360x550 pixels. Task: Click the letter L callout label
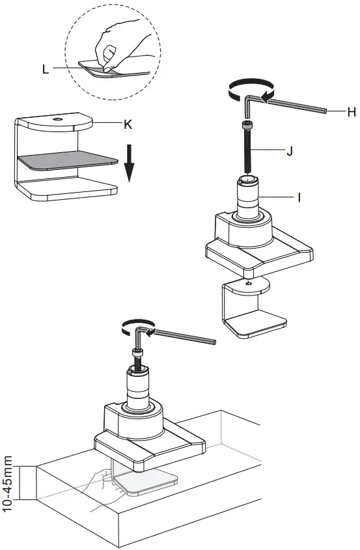[45, 68]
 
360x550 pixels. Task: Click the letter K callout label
[128, 123]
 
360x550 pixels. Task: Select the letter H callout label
[351, 112]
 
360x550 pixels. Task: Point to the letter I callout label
[298, 195]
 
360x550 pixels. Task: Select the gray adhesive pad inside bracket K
[65, 159]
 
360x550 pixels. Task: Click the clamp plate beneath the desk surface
[146, 482]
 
